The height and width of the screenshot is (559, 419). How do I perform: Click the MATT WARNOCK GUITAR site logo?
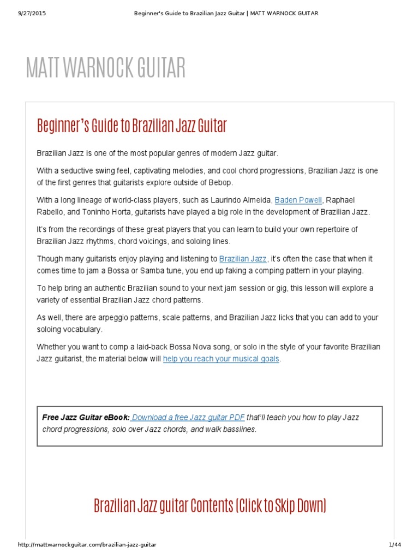106,67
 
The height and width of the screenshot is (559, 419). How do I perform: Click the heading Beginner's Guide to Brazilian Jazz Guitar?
131,126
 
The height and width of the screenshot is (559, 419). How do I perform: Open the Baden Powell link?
298,200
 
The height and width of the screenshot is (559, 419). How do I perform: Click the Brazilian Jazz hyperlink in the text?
243,259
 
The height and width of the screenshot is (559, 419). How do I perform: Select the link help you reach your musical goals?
221,359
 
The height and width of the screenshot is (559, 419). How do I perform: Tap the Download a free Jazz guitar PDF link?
187,418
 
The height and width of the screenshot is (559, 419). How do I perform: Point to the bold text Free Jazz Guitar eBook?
86,418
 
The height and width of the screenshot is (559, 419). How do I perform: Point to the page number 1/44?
395,545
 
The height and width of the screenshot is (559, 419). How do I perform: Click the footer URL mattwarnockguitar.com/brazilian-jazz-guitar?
87,545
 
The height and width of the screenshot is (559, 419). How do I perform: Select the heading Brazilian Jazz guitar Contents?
209,506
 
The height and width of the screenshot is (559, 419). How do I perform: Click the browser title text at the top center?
226,13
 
